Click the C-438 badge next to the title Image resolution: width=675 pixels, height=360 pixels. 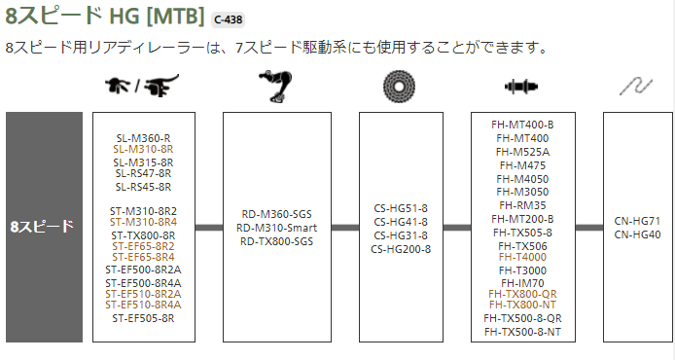click(x=231, y=18)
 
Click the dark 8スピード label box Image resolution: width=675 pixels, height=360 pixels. click(x=43, y=227)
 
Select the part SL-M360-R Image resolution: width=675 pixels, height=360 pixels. click(x=143, y=137)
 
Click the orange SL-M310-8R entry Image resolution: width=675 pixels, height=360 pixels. click(x=143, y=149)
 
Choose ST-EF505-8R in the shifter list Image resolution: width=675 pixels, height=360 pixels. click(x=143, y=317)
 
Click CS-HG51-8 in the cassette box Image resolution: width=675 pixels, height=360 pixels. click(x=401, y=209)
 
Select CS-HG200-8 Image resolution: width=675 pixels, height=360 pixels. click(x=401, y=249)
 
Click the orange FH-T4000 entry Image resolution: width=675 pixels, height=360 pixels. click(x=523, y=257)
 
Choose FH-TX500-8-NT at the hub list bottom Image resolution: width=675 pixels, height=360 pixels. click(x=523, y=332)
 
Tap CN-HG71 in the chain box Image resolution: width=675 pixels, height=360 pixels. click(x=638, y=222)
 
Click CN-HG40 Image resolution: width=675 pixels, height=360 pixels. click(x=638, y=234)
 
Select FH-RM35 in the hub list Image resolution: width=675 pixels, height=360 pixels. click(x=523, y=205)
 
